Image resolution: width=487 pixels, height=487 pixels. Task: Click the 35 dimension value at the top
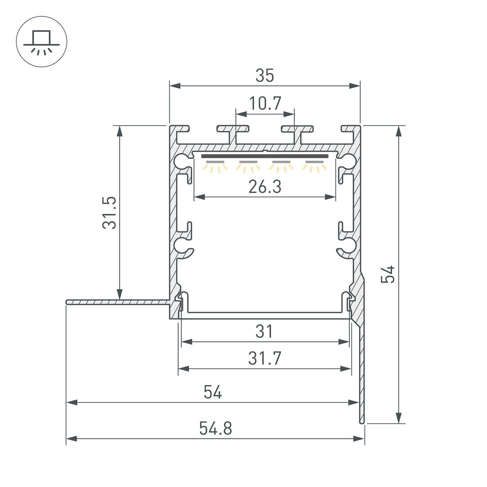(x=265, y=75)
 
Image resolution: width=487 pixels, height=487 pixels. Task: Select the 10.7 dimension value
(x=265, y=103)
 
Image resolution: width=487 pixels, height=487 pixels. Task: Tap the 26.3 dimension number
(x=265, y=187)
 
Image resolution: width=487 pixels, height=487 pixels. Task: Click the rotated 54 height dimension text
(x=388, y=274)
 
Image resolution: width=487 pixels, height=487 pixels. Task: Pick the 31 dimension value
(x=265, y=332)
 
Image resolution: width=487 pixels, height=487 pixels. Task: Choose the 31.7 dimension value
(x=265, y=358)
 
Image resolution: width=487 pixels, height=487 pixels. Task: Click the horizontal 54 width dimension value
(x=213, y=392)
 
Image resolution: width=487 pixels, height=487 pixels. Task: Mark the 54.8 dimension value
(x=215, y=428)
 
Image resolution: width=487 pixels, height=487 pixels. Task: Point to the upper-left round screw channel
(x=181, y=161)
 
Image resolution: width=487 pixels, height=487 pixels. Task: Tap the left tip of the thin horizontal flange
(x=67, y=302)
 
